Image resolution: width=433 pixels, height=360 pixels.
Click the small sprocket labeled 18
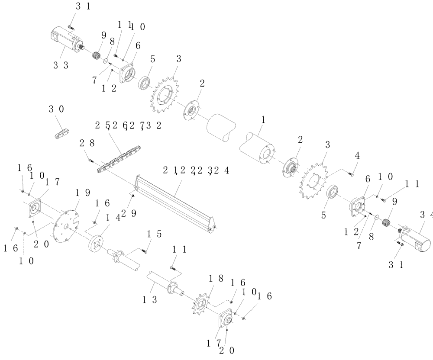click(x=200, y=304)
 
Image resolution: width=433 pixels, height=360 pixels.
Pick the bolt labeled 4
click(x=351, y=174)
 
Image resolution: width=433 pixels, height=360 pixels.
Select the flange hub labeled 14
click(x=96, y=242)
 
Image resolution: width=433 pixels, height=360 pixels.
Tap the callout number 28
click(x=84, y=143)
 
